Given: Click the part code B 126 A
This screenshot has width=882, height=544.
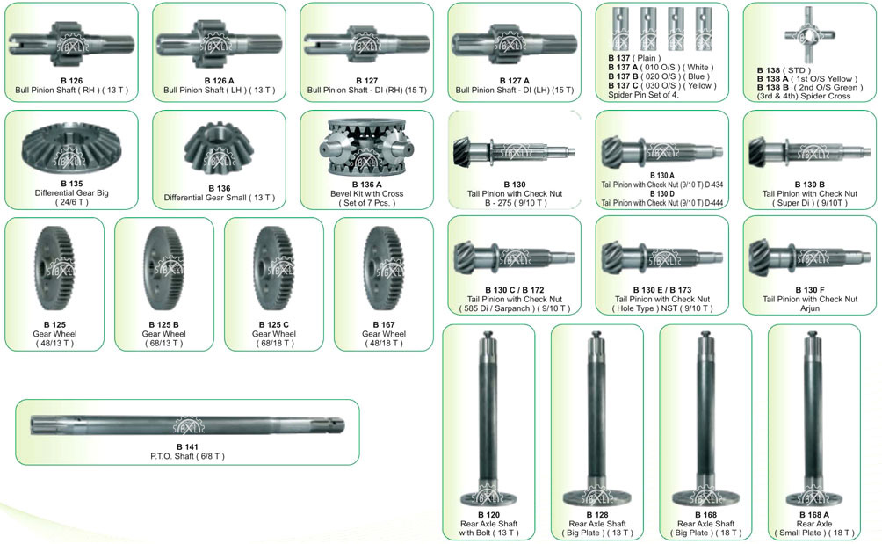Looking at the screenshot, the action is point(219,81).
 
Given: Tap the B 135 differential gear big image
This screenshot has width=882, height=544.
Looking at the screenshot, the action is point(71,148).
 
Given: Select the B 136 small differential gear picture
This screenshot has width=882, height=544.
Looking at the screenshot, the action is point(219,148).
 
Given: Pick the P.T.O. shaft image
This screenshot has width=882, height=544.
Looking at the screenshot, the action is point(187,425).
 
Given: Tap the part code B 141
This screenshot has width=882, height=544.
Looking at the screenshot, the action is point(187,446).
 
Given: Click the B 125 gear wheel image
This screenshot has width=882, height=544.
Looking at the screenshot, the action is point(54,268).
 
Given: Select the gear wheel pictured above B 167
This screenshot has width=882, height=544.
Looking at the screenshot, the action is point(384,268).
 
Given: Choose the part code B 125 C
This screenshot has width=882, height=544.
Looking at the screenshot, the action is point(274,324).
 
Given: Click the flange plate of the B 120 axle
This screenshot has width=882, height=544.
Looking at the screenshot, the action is point(488,497).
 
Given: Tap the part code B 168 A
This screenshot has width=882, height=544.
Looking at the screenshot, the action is point(814,515).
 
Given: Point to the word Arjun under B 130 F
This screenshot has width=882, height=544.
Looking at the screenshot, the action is point(810,308).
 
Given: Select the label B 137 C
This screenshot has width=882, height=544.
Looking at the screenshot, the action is point(623,85).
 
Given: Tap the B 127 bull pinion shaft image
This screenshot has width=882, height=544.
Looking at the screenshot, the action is point(366,44).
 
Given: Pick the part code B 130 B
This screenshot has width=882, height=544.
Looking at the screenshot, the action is point(810,184).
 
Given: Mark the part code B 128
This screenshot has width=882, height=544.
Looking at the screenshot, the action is point(597,515).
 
